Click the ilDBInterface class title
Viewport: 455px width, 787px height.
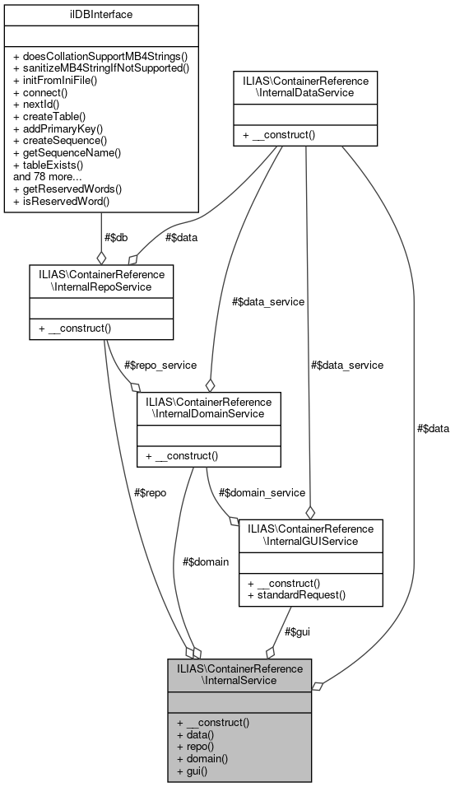point(101,14)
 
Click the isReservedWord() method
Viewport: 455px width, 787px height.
point(63,200)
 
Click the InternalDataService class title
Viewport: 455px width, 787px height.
point(305,86)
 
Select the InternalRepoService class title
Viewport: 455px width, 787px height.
point(100,280)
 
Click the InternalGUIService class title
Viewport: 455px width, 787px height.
point(310,534)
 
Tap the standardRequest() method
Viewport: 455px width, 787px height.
point(298,594)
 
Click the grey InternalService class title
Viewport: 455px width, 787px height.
point(239,674)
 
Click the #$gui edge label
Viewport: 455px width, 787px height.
point(297,631)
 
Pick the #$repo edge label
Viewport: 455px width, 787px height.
point(150,492)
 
